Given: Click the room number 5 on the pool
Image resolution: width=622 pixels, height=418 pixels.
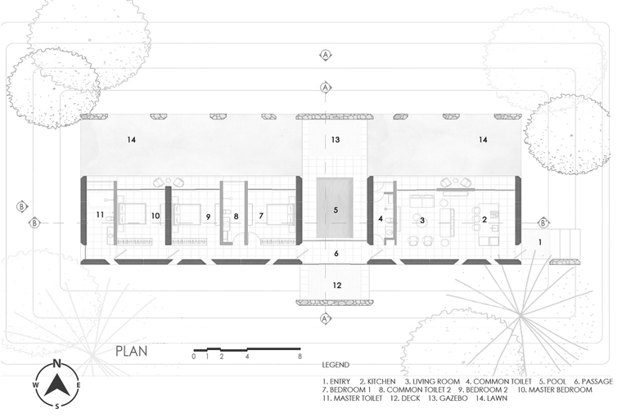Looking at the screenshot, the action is pos(336,209).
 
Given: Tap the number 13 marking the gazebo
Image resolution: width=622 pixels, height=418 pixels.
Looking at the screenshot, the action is pos(336,140).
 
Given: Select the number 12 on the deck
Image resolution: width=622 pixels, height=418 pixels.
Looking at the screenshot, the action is pos(337,285).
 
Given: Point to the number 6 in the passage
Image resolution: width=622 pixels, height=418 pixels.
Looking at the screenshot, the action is pos(336,254).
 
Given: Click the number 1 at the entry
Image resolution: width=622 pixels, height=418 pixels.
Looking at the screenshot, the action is pos(540,242).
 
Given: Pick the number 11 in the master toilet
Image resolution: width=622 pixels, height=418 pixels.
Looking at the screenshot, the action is pos(100,214).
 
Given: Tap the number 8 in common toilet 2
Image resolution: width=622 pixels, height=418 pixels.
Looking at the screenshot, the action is pos(236,217).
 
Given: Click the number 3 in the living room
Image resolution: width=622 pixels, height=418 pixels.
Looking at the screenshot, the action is pos(422,220).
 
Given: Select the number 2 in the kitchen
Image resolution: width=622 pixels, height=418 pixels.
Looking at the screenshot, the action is pos(485,219).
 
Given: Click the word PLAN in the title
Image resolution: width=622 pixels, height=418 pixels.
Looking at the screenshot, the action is pos(132,352).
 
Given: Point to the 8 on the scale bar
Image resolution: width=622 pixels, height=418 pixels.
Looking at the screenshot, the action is pos(300,357).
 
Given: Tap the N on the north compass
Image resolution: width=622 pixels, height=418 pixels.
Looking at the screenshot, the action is pos(57,363).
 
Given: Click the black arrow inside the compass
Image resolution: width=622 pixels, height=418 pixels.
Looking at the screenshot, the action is pos(57,385).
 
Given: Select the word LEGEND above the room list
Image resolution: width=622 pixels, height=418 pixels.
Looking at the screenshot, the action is pos(336,365).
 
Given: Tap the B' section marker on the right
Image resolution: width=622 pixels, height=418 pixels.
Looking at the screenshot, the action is pos(543,223).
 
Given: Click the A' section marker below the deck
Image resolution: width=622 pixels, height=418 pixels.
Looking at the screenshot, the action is pos(326,318).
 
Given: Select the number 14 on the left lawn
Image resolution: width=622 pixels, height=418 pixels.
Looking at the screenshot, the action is pos(132,140).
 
